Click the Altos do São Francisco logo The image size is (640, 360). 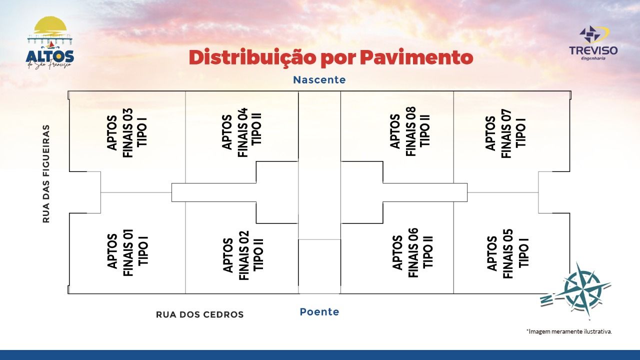pos(49,44)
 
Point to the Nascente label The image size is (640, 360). pos(319,80)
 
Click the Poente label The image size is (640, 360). pos(319,312)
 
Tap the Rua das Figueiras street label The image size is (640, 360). pos(46,173)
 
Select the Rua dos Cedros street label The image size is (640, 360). pos(200,314)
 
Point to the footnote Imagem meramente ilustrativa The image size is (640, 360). pos(569,331)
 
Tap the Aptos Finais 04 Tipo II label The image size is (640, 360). pos(242,132)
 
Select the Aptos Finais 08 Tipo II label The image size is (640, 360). pos(410,131)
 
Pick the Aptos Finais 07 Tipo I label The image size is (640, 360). pos(506,133)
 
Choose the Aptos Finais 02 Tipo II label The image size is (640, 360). pos(243,254)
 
